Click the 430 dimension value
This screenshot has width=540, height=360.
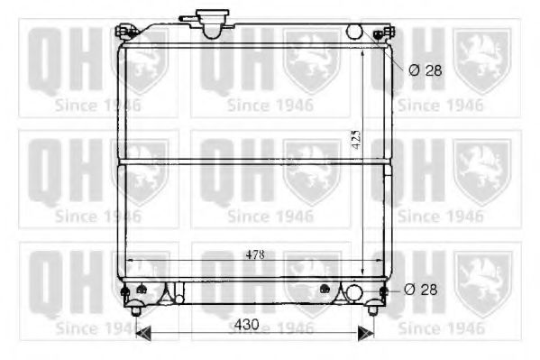(247, 325)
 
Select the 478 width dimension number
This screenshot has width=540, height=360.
(255, 254)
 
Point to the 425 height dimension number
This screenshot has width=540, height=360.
(356, 139)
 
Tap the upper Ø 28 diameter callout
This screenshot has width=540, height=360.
(425, 70)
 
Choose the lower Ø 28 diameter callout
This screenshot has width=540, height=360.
(420, 290)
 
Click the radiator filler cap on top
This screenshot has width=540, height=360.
(213, 23)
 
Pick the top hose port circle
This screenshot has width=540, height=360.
(354, 32)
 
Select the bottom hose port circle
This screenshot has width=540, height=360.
(353, 292)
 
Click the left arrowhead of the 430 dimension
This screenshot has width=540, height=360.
(143, 333)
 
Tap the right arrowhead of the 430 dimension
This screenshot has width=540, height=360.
(366, 333)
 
